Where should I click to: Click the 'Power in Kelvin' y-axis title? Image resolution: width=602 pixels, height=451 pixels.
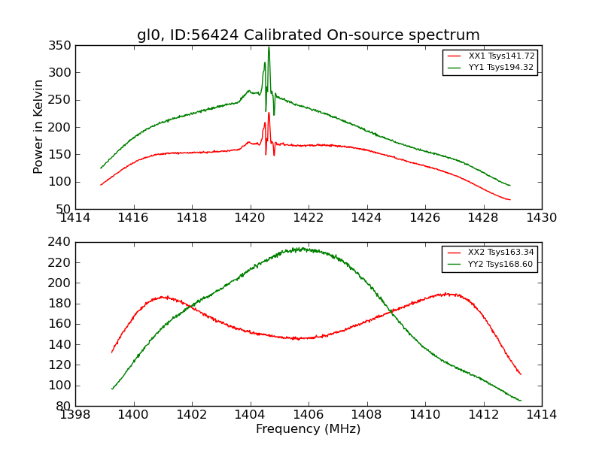click(39, 127)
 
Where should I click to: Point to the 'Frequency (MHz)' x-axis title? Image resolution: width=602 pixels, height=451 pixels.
click(308, 429)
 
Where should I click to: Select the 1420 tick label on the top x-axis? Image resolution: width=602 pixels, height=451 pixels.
click(250, 218)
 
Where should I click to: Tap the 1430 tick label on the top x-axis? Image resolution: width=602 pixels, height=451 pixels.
click(541, 218)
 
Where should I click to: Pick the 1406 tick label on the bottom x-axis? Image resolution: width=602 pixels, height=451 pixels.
click(308, 415)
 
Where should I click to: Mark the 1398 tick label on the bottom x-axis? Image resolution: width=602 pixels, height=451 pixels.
click(75, 415)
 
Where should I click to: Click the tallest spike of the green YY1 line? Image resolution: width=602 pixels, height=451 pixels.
click(269, 47)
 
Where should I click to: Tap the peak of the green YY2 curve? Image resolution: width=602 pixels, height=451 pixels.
click(301, 248)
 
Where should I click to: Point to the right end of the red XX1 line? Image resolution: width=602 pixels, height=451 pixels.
click(510, 200)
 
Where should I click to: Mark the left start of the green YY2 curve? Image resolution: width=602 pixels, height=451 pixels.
click(112, 389)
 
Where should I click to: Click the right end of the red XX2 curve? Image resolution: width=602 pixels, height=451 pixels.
click(521, 374)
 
